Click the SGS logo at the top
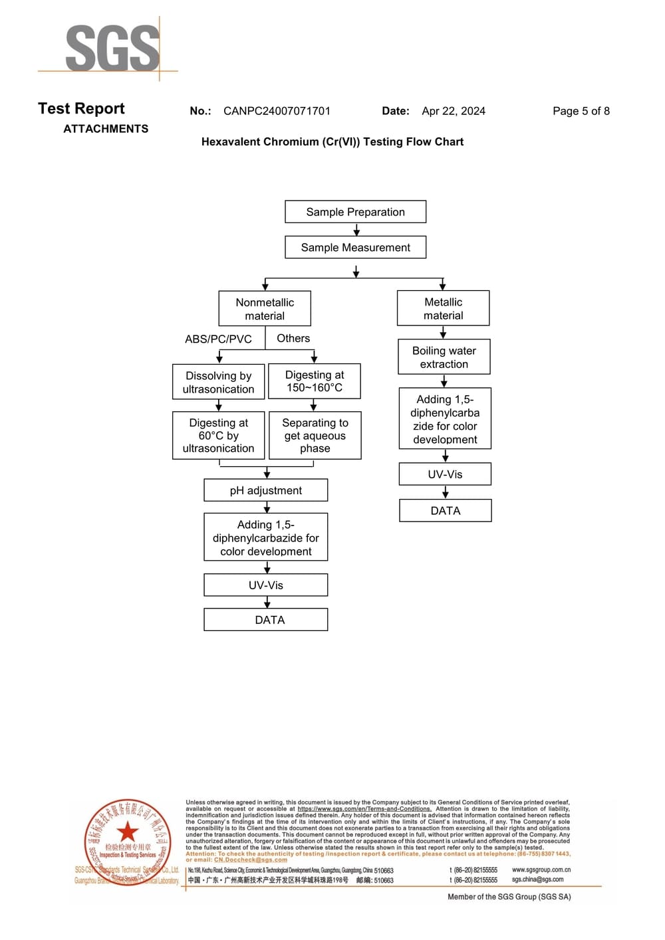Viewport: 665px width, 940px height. (112, 48)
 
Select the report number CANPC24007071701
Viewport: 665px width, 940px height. (277, 111)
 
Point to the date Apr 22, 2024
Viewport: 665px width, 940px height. (454, 111)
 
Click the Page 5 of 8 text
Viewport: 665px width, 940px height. (581, 111)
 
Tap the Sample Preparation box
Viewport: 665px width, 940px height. (355, 212)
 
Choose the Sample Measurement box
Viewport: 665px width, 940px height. (355, 247)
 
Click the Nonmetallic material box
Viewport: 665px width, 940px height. (265, 309)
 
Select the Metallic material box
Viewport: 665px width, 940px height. (443, 308)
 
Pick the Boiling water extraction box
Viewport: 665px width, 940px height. (444, 357)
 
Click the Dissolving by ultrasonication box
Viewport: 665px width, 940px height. (218, 382)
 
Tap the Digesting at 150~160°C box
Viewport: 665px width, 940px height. (314, 381)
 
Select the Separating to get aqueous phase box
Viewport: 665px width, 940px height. (315, 436)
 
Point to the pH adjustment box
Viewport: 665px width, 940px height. (265, 490)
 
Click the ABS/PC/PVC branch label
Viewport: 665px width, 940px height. (218, 339)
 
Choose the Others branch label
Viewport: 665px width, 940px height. (293, 338)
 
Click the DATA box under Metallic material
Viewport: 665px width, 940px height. (445, 511)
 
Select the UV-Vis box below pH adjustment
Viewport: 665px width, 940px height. (265, 585)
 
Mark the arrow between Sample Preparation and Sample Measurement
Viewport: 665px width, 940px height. (356, 230)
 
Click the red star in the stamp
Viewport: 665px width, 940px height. (127, 831)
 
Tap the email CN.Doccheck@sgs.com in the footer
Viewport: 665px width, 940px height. (251, 860)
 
